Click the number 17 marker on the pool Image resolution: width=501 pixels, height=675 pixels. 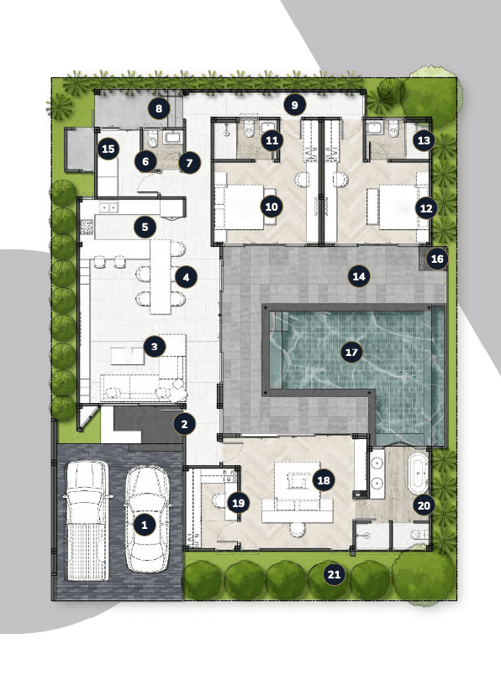(351, 353)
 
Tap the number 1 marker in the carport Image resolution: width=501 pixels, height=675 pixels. (145, 525)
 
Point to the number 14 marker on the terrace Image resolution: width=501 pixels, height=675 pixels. (359, 276)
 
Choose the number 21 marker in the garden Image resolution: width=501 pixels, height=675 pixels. (335, 574)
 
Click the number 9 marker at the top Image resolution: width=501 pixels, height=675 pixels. (294, 105)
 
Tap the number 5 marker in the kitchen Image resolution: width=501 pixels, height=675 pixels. (145, 227)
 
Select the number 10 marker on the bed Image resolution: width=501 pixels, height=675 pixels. (272, 207)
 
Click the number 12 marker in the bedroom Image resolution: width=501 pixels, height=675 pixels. (426, 208)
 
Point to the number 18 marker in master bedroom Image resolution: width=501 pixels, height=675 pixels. (324, 480)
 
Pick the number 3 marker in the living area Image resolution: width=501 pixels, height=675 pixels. (155, 347)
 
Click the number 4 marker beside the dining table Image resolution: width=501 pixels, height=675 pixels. (186, 277)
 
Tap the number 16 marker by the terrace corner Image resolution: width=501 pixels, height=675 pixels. (437, 259)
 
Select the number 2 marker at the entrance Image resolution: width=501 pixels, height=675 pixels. (185, 424)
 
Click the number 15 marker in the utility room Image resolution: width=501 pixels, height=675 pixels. (108, 149)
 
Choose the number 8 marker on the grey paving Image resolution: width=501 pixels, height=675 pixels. (159, 108)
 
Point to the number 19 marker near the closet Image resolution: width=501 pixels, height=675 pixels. (239, 503)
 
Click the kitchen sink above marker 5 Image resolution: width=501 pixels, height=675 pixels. (108, 207)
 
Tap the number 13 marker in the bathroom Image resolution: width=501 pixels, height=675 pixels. (424, 140)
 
